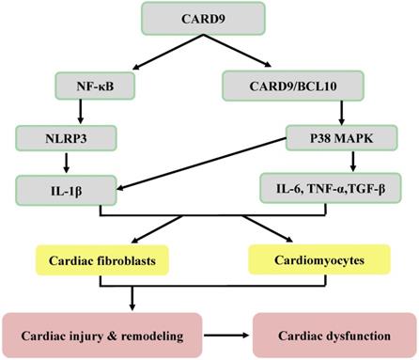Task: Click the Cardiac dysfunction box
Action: [x=334, y=333]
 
